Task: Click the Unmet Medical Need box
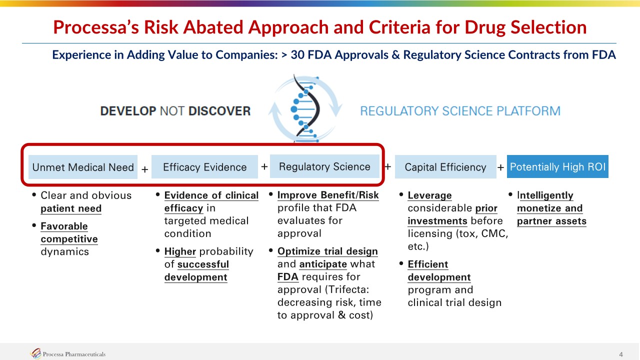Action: [x=83, y=167]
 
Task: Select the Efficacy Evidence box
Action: [x=204, y=167]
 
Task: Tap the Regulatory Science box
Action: [x=324, y=166]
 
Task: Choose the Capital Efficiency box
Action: [x=445, y=167]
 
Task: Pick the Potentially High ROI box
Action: [x=557, y=166]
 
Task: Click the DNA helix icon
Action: [x=305, y=108]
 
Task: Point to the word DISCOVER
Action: [x=219, y=111]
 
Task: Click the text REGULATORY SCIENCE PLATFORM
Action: [x=460, y=111]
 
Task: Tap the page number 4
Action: [x=621, y=354]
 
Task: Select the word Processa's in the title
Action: [x=96, y=27]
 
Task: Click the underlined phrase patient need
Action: [x=71, y=208]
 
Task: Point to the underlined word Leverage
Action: [x=429, y=195]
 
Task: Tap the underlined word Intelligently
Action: [x=545, y=195]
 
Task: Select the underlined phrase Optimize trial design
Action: [x=327, y=251]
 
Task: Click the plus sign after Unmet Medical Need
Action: [x=145, y=169]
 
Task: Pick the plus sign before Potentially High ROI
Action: [x=500, y=167]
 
